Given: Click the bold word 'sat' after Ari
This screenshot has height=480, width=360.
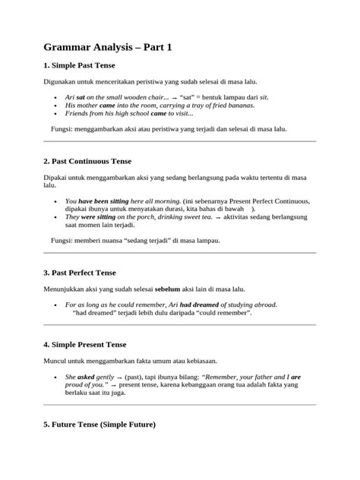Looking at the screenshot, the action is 81,98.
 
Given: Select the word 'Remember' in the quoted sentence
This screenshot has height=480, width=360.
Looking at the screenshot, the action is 213,376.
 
